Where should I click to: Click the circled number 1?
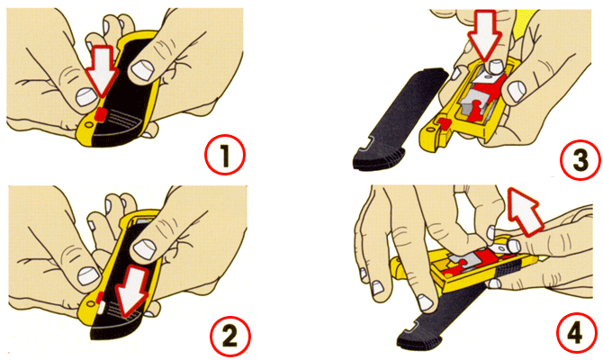click(225, 155)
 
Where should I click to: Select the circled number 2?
click(229, 336)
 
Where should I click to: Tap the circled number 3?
click(580, 159)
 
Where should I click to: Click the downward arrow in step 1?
click(102, 70)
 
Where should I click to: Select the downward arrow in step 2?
click(131, 292)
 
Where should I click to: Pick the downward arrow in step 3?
click(484, 35)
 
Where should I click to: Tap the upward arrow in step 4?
click(524, 211)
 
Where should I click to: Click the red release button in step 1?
click(101, 114)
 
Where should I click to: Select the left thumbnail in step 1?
click(85, 97)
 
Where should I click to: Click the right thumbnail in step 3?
click(517, 91)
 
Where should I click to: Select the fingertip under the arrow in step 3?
click(493, 67)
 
